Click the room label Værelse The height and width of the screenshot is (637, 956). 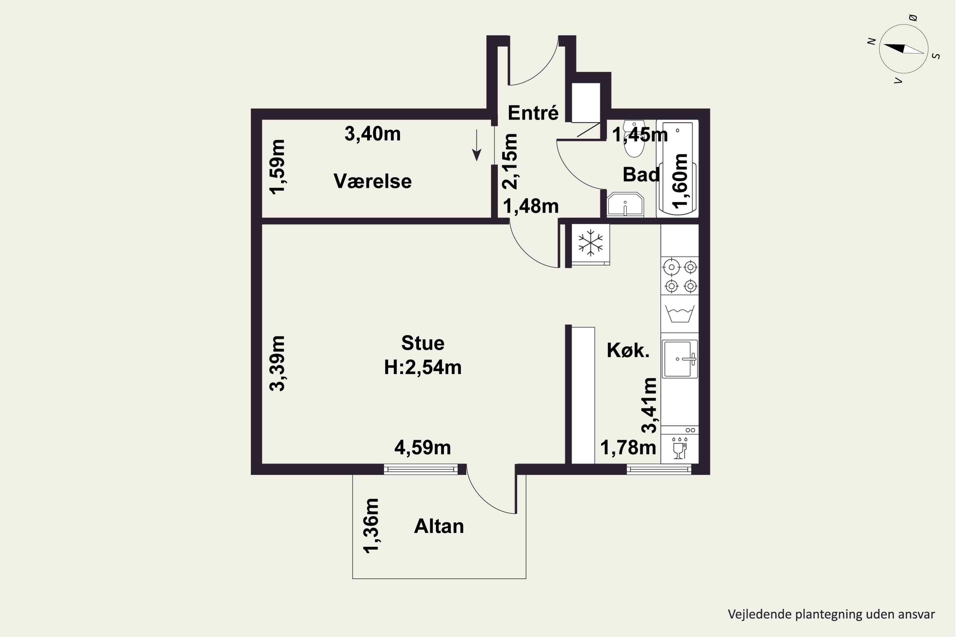[x=372, y=181]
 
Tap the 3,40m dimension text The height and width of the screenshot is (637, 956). [x=372, y=134]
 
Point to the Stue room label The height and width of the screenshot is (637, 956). [x=423, y=343]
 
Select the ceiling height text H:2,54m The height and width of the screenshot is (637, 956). [x=423, y=367]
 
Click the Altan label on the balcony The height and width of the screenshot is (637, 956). [x=439, y=526]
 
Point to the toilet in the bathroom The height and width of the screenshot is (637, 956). [x=634, y=139]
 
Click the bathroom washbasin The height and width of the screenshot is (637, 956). [x=625, y=205]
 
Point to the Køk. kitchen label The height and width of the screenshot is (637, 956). [x=628, y=350]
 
